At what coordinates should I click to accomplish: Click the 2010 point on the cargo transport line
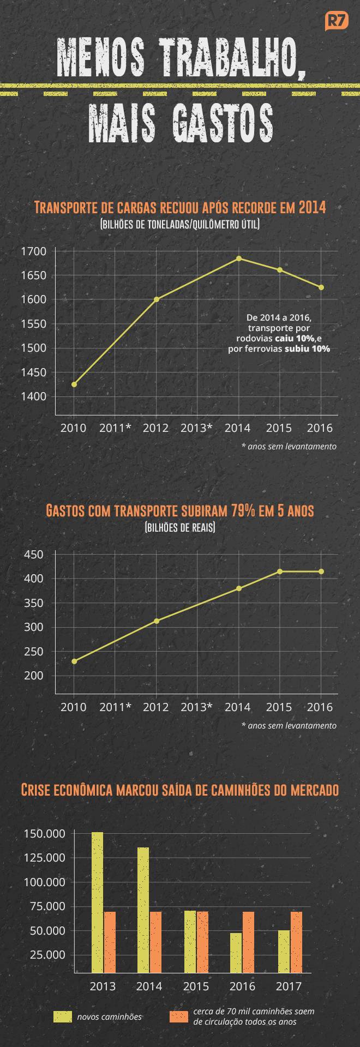tap(74, 384)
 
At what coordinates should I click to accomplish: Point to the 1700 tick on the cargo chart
tap(33, 251)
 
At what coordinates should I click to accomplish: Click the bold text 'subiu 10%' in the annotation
tap(307, 348)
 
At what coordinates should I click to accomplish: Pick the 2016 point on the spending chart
tap(321, 571)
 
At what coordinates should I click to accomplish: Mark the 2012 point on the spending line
tap(157, 621)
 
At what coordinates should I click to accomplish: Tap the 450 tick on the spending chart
tap(33, 555)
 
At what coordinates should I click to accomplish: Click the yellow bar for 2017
tap(284, 951)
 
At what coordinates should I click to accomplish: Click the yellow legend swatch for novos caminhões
tap(63, 1016)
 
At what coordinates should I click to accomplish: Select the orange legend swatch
tap(179, 1016)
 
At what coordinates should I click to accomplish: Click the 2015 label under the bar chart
tap(196, 986)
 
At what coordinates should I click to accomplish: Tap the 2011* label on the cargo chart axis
tap(115, 428)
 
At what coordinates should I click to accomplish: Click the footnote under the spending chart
tap(289, 725)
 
